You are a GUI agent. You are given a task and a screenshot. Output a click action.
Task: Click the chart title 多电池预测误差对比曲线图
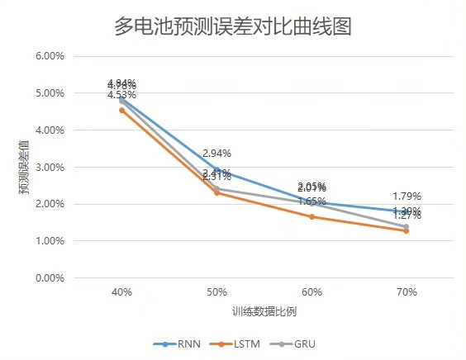point(233,26)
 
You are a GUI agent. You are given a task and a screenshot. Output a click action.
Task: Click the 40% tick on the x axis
point(122,293)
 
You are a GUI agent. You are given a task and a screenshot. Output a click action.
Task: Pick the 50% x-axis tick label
point(216,293)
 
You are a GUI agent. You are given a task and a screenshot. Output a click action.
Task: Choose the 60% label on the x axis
point(311,293)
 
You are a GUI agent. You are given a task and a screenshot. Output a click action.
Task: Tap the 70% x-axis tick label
point(407,293)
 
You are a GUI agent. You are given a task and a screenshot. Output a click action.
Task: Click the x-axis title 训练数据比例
point(264,311)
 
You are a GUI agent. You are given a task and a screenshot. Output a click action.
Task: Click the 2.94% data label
point(216,154)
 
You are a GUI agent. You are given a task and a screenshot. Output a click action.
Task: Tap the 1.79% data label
point(407,197)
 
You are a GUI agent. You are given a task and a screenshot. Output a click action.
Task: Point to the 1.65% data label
point(311,201)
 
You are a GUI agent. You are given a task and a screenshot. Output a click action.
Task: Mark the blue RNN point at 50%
point(216,169)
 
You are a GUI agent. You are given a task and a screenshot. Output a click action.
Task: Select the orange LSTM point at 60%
point(311,217)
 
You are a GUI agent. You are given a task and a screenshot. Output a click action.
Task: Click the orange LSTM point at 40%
point(122,110)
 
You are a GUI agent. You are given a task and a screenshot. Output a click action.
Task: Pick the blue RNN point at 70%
point(407,211)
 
